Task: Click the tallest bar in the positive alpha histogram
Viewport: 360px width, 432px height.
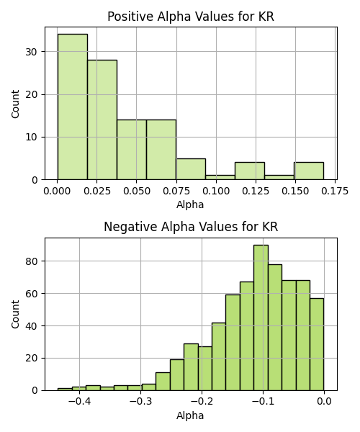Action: (x=73, y=107)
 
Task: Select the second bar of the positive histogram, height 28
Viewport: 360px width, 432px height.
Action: (x=102, y=120)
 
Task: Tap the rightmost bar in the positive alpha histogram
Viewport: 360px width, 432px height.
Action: (x=309, y=171)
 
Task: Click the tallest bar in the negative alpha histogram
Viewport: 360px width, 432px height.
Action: (x=261, y=318)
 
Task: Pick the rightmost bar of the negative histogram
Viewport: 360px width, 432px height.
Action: (x=317, y=344)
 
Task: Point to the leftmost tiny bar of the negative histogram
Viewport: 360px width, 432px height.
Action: (x=65, y=390)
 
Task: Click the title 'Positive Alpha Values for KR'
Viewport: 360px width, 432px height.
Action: (x=191, y=17)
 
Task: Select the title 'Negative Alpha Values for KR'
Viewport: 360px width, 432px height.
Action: (x=191, y=227)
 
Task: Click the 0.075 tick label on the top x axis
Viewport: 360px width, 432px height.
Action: (x=176, y=192)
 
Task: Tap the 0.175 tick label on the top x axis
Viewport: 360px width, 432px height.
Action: (x=335, y=192)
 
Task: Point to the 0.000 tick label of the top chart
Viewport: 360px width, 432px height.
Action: (x=57, y=192)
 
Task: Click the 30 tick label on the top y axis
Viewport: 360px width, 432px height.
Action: (x=32, y=52)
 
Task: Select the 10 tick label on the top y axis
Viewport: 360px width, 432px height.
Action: (x=32, y=138)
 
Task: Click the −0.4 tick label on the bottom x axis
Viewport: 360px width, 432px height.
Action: (x=79, y=402)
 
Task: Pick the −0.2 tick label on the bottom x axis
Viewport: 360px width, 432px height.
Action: (x=202, y=402)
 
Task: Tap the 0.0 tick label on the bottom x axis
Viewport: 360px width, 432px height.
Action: (x=324, y=402)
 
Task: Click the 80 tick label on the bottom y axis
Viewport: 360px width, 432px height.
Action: (x=32, y=261)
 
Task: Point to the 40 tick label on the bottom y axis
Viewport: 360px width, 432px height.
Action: (x=32, y=326)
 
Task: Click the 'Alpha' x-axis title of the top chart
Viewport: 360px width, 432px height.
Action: (x=190, y=205)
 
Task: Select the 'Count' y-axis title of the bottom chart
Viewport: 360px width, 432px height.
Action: (x=15, y=315)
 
